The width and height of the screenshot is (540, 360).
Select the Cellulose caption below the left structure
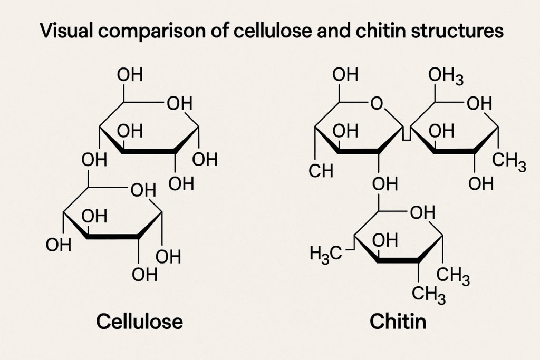click(x=139, y=321)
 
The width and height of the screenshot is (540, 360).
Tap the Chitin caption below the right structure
click(x=398, y=321)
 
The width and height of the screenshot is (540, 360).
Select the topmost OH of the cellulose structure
click(x=129, y=75)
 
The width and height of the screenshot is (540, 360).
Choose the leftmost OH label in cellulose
click(x=59, y=245)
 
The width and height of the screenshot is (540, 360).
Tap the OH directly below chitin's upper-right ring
click(x=480, y=184)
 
